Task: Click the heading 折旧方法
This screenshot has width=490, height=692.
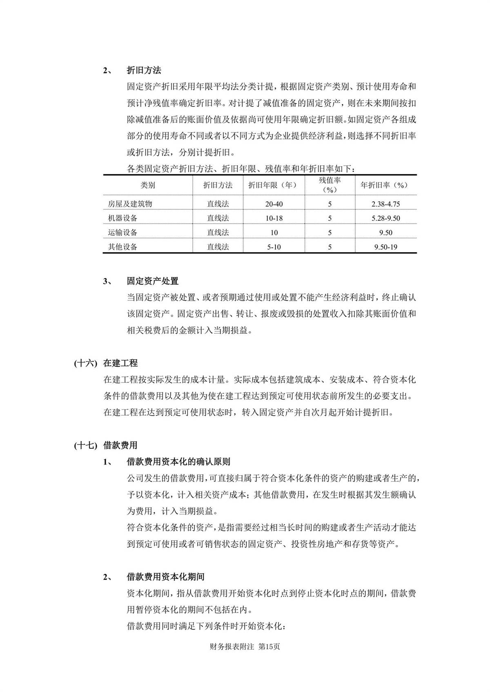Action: (144, 70)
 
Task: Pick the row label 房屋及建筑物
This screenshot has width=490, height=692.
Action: (130, 204)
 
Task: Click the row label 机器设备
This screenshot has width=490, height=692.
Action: (122, 218)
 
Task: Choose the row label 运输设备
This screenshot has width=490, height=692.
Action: (122, 233)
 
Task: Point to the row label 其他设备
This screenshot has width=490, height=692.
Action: (122, 247)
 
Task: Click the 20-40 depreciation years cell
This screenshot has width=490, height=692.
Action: (274, 204)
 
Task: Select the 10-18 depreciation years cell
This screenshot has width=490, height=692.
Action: (274, 218)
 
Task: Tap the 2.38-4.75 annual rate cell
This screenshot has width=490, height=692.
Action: (385, 204)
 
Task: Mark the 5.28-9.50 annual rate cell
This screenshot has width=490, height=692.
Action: (385, 218)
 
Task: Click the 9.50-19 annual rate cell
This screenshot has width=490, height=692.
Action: (385, 247)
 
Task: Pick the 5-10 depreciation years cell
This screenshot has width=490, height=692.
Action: (274, 247)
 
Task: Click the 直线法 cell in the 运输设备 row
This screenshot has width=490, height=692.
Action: (218, 233)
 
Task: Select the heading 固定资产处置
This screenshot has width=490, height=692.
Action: (152, 281)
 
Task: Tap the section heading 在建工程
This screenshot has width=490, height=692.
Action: (120, 363)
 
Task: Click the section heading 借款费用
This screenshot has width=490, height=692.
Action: (120, 445)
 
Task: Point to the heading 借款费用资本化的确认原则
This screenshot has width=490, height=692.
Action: (178, 462)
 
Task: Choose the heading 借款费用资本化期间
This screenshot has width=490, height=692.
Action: (165, 577)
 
